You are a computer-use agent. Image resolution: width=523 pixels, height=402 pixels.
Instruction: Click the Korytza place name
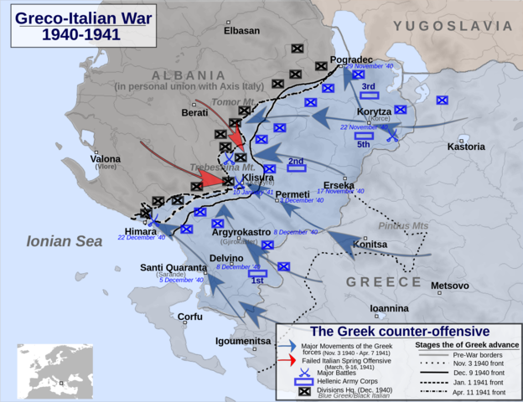point(373,111)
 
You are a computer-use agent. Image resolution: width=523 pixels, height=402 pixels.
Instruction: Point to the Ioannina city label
point(389,308)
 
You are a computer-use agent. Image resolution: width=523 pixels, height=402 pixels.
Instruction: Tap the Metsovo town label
point(450,286)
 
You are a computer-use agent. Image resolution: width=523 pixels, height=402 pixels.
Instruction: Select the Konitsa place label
point(370,245)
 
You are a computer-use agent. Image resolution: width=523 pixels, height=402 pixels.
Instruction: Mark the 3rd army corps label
point(368,86)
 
